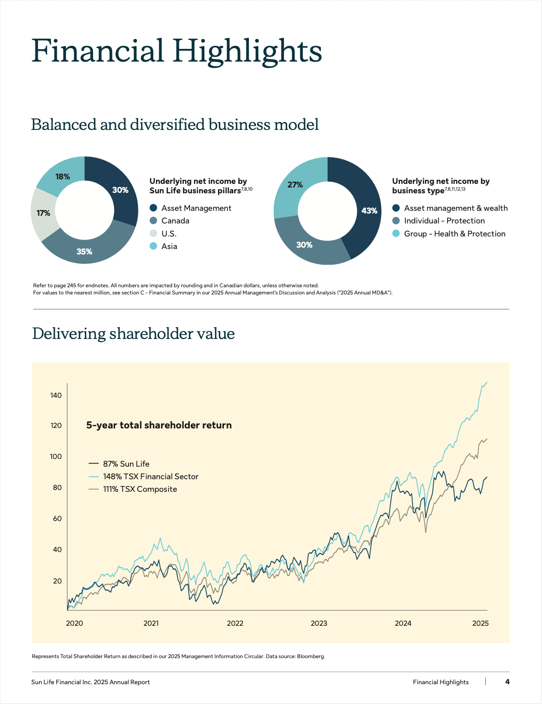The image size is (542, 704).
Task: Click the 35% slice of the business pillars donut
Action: [84, 251]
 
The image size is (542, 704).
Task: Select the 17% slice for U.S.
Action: [44, 213]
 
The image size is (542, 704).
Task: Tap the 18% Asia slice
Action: [62, 177]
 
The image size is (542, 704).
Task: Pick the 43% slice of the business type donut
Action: [369, 210]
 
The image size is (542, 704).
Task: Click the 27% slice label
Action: [295, 185]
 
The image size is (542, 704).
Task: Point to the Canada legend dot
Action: [153, 221]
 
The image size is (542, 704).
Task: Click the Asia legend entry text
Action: [169, 246]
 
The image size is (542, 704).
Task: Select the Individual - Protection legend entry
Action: [444, 221]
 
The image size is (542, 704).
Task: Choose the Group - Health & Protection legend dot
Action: [396, 234]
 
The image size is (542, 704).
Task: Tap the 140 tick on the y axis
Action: [56, 396]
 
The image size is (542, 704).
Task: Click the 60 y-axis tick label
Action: [57, 519]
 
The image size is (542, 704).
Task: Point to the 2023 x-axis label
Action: [319, 624]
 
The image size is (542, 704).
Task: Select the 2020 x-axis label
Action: [75, 624]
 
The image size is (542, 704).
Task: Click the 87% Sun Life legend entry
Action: [126, 464]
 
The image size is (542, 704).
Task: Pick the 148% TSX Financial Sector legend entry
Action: [151, 477]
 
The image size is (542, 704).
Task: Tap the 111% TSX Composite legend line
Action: [93, 489]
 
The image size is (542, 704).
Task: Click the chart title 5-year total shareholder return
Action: [159, 425]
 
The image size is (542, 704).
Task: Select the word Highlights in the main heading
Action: [248, 51]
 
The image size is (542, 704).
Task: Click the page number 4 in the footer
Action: [507, 682]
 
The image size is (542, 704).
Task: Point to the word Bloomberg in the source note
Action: [311, 656]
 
